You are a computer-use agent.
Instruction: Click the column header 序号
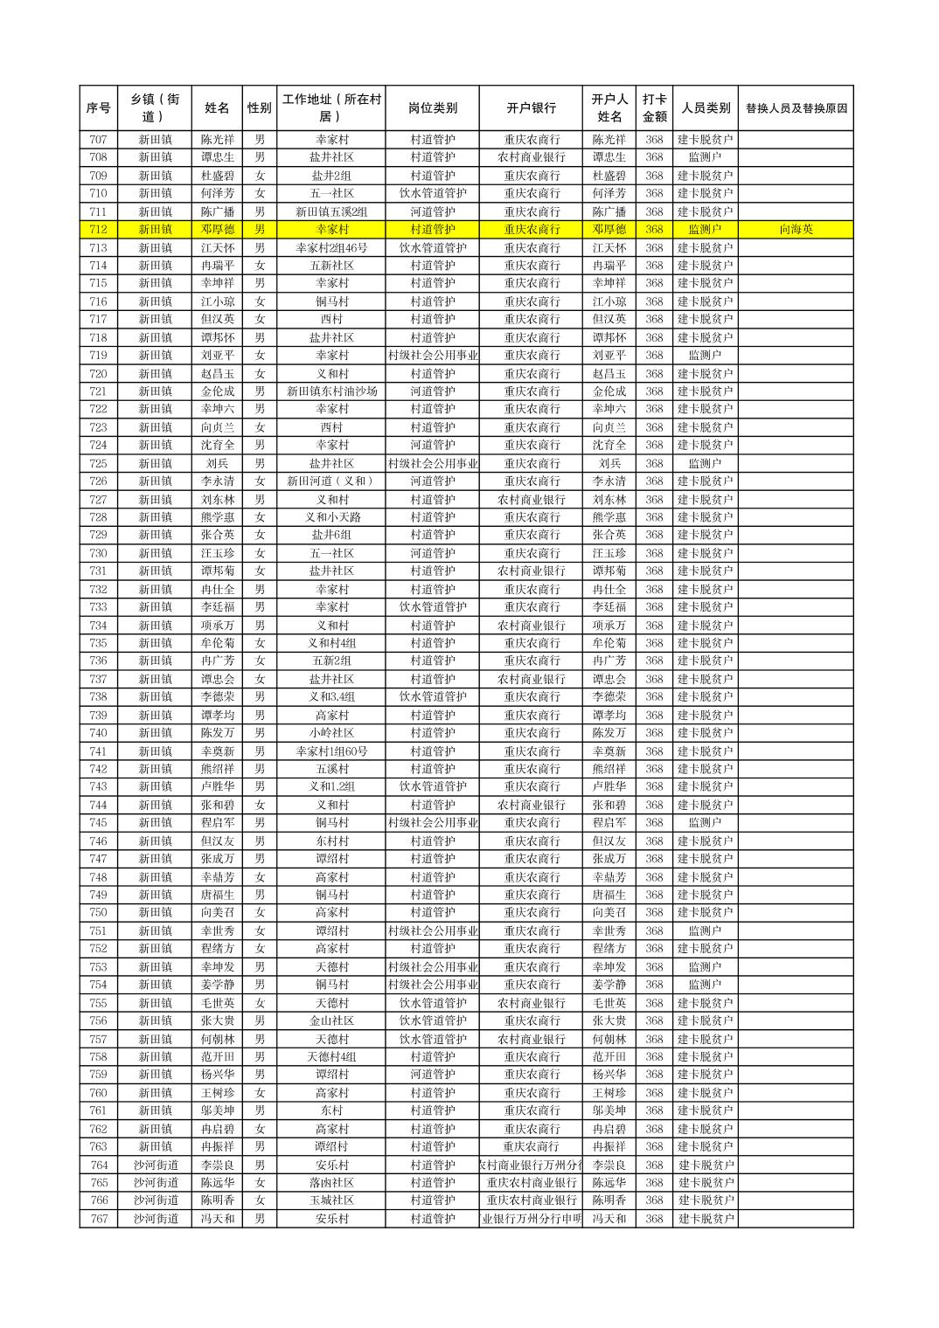[x=98, y=108]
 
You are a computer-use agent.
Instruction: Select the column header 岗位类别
[x=432, y=108]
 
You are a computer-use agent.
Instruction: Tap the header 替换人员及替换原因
[x=796, y=108]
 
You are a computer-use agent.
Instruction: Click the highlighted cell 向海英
[x=796, y=230]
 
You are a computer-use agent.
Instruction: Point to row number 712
[x=98, y=230]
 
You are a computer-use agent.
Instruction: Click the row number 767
[x=98, y=1219]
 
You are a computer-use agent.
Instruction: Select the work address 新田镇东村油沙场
[x=331, y=391]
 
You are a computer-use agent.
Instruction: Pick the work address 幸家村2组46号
[x=331, y=248]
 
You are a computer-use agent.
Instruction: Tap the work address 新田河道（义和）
[x=331, y=481]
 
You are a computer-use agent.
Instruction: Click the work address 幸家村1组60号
[x=331, y=751]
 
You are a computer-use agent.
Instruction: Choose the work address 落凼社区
[x=331, y=1183]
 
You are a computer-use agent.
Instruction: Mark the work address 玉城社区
[x=331, y=1200]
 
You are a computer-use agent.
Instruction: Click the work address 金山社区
[x=331, y=1020]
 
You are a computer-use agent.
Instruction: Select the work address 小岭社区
[x=331, y=733]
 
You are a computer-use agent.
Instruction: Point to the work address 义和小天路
[x=331, y=517]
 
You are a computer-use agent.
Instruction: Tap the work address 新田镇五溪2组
[x=331, y=211]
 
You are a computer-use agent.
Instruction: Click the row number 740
[x=98, y=733]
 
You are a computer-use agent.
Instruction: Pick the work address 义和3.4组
[x=331, y=697]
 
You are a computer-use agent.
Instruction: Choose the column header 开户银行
[x=531, y=108]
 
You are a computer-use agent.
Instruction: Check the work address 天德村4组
[x=331, y=1057]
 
